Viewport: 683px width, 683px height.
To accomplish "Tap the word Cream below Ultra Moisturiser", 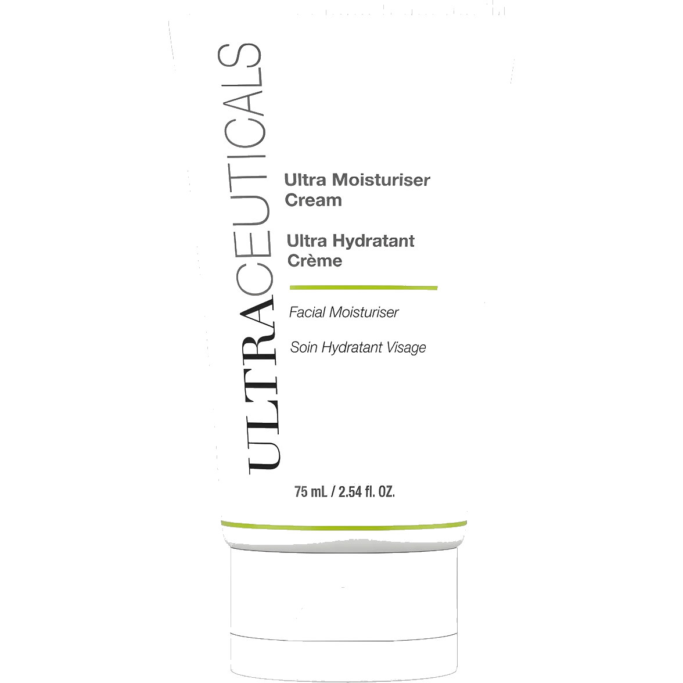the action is pyautogui.click(x=313, y=200).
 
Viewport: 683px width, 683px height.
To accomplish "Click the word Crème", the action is pyautogui.click(x=315, y=260).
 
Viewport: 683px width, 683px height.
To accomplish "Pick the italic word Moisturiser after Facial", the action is pyautogui.click(x=364, y=312).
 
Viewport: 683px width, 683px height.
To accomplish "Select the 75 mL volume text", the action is pyautogui.click(x=311, y=492).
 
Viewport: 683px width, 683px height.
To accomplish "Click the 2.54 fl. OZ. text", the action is pyautogui.click(x=367, y=492).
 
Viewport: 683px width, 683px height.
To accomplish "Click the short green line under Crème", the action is pyautogui.click(x=364, y=287).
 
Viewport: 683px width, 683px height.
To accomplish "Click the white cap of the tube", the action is pyautogui.click(x=344, y=610).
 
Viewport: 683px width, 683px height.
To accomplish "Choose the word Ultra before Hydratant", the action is pyautogui.click(x=307, y=240).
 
